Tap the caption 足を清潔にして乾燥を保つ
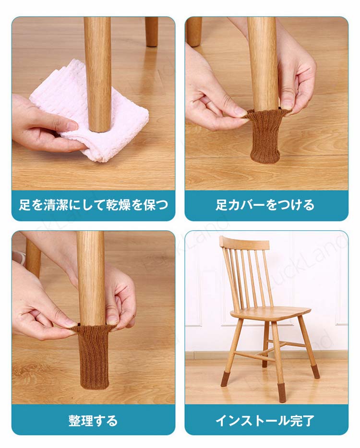point(93,205)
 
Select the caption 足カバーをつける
point(265,205)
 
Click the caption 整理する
point(93,421)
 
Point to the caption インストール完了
point(265,421)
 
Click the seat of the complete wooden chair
point(270,313)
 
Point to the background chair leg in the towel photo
point(151,32)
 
